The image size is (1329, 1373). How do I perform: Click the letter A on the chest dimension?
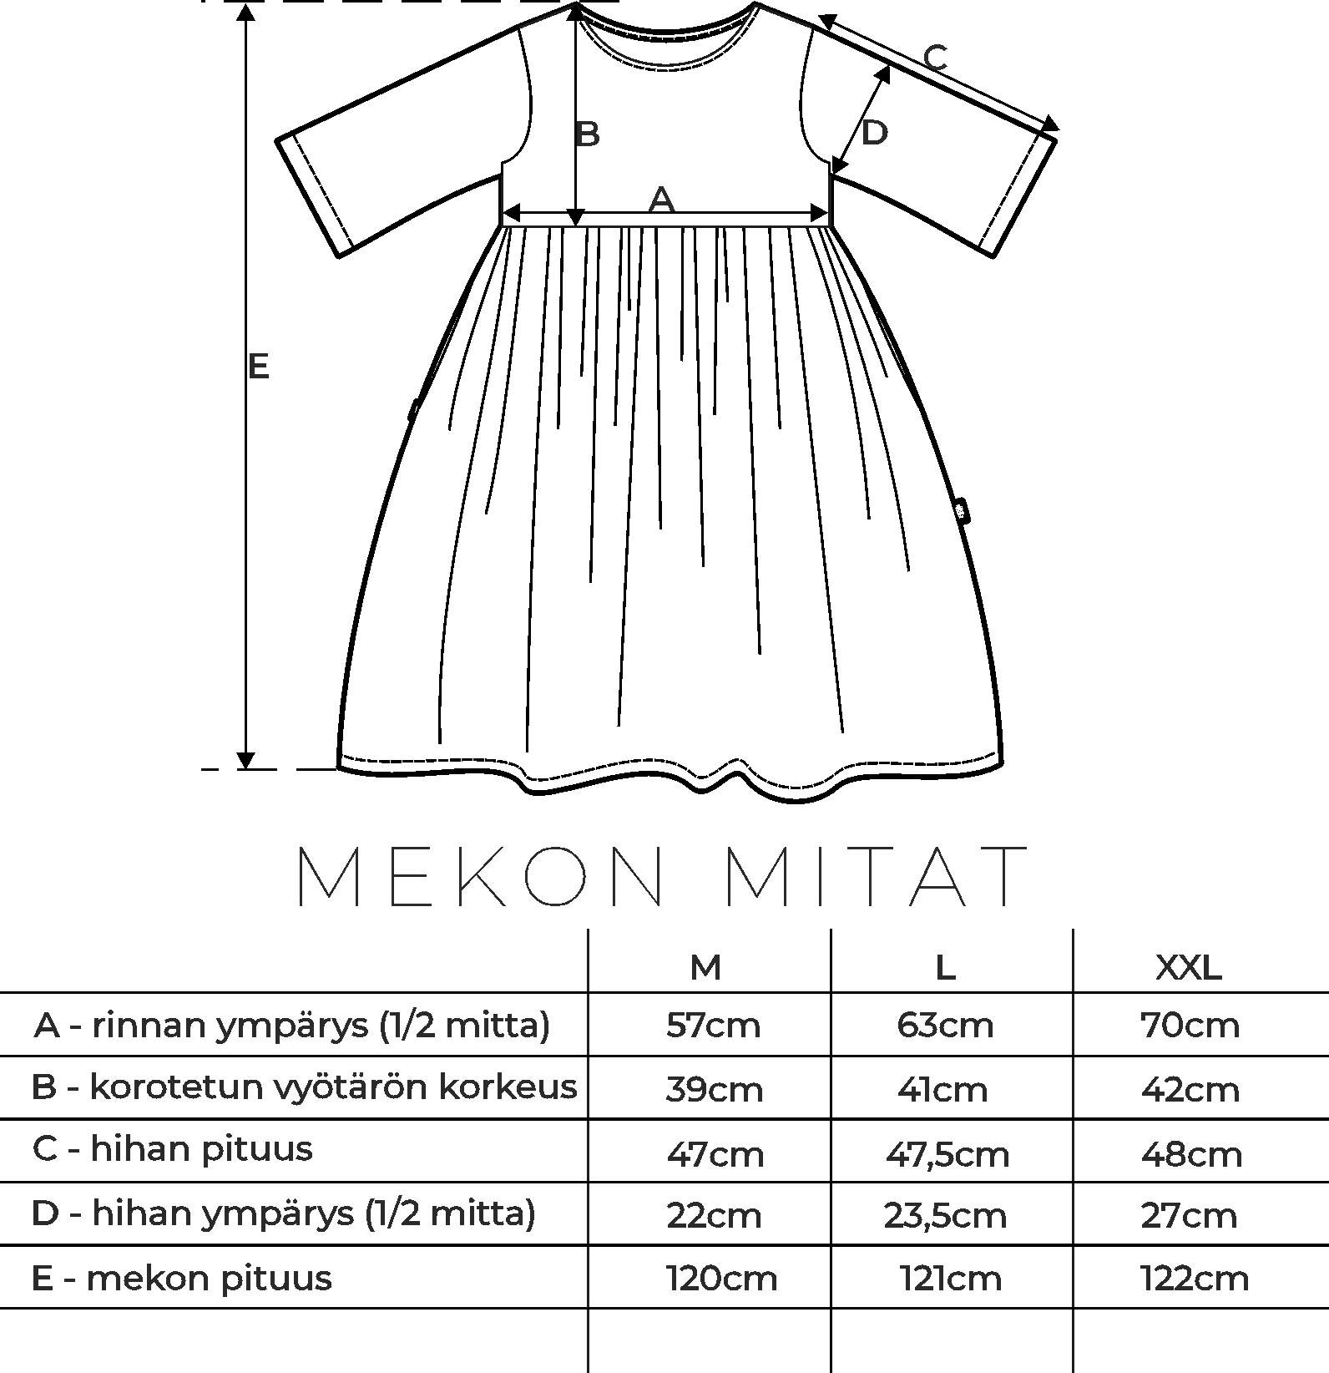coord(661,200)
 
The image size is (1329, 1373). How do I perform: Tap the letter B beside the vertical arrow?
coord(588,134)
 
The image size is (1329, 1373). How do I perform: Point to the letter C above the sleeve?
coord(936,58)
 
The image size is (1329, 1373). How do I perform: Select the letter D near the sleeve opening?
coord(873,133)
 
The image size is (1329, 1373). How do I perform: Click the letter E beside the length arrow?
coord(258,366)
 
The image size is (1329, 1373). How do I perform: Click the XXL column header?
coord(1189,967)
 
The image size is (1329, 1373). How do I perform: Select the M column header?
coord(705,967)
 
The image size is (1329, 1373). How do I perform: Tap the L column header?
coord(945,967)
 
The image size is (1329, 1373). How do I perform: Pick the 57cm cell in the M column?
coord(713,1025)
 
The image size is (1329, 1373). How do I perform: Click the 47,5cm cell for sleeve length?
coord(947,1154)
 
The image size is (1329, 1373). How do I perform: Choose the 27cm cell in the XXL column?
coord(1189,1215)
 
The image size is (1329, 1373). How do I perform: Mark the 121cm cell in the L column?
coord(950,1279)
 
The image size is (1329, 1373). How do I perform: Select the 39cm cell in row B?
coord(715,1089)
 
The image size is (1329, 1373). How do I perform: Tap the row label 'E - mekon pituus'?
coord(181,1279)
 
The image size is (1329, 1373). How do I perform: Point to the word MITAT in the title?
coord(877,876)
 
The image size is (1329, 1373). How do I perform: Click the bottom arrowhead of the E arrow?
coord(245,760)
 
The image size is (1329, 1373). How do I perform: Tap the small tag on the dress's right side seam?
coord(963,509)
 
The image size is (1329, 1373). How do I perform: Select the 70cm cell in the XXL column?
coord(1190,1025)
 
